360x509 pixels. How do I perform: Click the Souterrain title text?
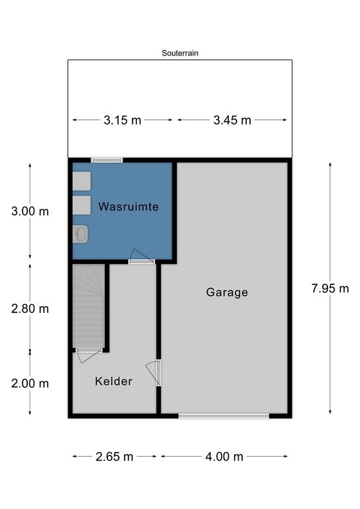coord(180,53)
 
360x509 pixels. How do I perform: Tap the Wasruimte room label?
coord(129,207)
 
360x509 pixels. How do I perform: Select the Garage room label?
coord(227,292)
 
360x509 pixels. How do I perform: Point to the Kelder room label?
coord(113,381)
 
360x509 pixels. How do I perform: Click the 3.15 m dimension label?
coord(123,120)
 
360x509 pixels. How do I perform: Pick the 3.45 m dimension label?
coord(232,120)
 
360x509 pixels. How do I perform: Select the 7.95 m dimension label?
coord(330,288)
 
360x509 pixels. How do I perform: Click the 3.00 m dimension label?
coord(30,211)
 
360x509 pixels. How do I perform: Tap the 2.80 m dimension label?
coord(30,308)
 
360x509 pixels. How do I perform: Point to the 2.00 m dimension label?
coord(30,383)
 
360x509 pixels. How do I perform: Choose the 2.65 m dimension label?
coord(114,457)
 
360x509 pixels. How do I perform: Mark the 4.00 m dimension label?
coord(224,457)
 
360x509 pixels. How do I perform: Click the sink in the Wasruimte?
coord(80,234)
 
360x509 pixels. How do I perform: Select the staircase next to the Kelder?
coord(89,306)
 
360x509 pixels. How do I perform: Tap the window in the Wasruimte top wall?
coord(107,160)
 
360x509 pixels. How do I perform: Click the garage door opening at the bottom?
coord(223,416)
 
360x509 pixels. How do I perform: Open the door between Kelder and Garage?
coord(154,372)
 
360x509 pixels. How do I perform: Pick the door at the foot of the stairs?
coord(88,355)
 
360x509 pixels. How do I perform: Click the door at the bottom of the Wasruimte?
coord(141,256)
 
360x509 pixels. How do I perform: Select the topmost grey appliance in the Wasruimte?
coord(82,181)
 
